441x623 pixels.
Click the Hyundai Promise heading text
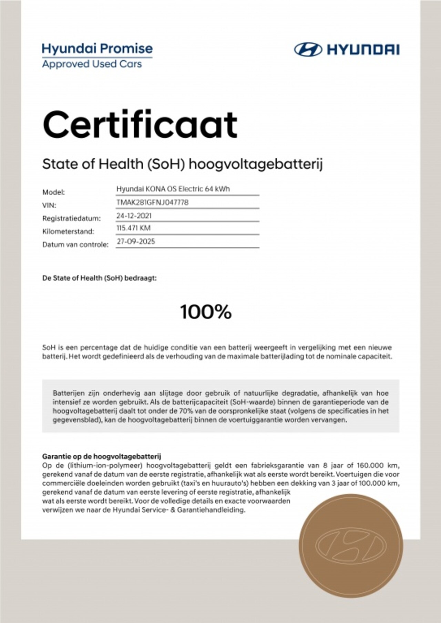click(x=97, y=49)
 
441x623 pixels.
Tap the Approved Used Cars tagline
click(x=92, y=64)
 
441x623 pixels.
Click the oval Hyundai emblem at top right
click(x=308, y=50)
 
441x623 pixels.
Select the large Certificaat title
click(x=140, y=125)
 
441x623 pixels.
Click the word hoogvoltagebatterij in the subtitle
click(x=256, y=164)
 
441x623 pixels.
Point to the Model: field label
click(x=53, y=192)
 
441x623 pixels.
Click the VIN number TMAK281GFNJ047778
click(x=152, y=202)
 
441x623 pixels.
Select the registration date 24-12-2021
click(x=134, y=216)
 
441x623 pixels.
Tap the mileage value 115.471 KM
click(x=133, y=228)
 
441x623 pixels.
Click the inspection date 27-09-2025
click(x=136, y=241)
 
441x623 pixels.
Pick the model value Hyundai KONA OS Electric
click(x=173, y=189)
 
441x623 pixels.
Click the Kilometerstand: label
click(x=68, y=231)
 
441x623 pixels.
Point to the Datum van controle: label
click(x=75, y=245)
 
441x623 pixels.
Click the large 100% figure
click(x=206, y=312)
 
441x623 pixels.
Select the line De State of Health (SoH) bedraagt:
click(x=99, y=278)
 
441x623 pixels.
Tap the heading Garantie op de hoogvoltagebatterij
click(x=102, y=457)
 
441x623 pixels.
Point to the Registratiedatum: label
click(x=72, y=219)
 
